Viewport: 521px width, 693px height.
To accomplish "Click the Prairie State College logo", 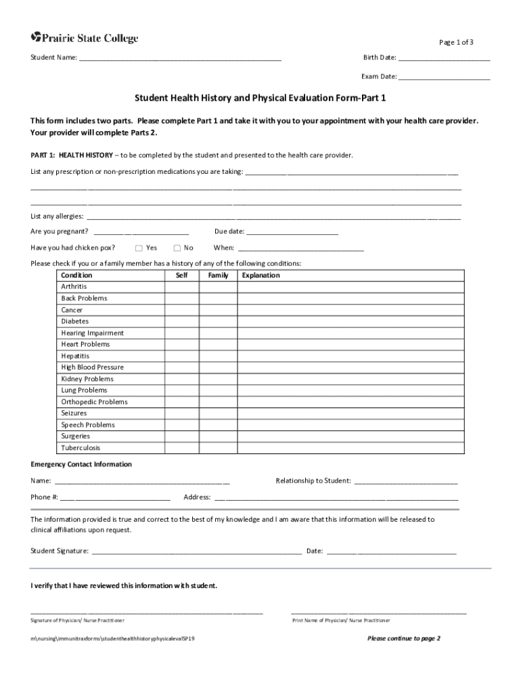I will (85, 39).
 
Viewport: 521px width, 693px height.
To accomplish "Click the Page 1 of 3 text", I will (456, 43).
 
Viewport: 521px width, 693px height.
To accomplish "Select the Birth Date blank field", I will (444, 59).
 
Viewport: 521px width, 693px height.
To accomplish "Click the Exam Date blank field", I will (444, 78).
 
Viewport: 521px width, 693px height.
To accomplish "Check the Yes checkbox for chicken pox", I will (139, 248).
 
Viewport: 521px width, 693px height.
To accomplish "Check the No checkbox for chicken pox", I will (177, 248).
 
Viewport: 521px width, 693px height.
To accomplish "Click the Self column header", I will (181, 275).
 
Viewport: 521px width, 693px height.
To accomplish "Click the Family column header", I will (218, 275).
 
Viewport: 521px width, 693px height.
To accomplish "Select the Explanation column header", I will (260, 275).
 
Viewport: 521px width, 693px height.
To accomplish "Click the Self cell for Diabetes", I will (181, 321).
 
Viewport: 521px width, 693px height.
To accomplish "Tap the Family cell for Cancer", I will (218, 310).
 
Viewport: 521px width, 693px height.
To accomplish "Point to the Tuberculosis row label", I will (81, 448).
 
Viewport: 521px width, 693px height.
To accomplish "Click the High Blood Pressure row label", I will (92, 367).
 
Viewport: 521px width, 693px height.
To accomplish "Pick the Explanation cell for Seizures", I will (350, 413).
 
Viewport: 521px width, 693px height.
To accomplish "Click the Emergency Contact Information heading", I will (81, 464).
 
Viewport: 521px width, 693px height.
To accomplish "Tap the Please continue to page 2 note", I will (403, 638).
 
